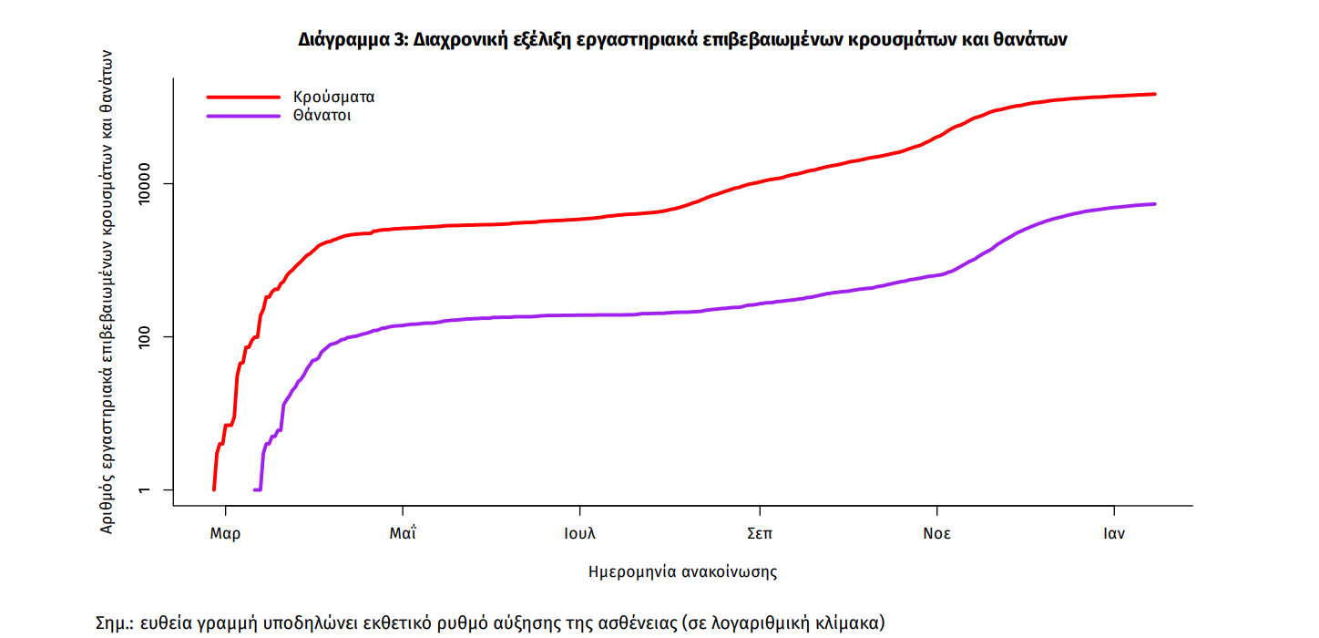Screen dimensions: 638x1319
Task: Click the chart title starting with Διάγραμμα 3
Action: coord(682,39)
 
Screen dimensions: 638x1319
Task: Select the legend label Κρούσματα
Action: coord(333,97)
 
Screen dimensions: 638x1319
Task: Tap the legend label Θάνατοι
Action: coord(322,116)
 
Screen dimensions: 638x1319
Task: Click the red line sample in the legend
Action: coord(243,97)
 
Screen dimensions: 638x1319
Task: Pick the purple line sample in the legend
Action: coord(243,116)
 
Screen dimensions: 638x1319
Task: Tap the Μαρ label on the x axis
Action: coord(225,534)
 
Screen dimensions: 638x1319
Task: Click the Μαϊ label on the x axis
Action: coord(403,534)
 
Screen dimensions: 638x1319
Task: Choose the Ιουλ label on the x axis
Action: coord(580,534)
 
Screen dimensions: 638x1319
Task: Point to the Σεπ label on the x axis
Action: coord(759,534)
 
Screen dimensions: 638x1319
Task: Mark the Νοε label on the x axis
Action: coord(936,534)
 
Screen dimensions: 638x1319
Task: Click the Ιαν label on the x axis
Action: coord(1113,534)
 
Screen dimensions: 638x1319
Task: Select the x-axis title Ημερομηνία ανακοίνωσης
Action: coord(682,572)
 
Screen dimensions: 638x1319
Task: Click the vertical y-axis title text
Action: coord(107,292)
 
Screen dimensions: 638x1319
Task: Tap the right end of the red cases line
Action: coord(1154,94)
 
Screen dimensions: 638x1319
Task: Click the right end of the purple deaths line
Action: coord(1154,204)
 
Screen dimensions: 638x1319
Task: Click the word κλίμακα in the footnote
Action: coord(846,624)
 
